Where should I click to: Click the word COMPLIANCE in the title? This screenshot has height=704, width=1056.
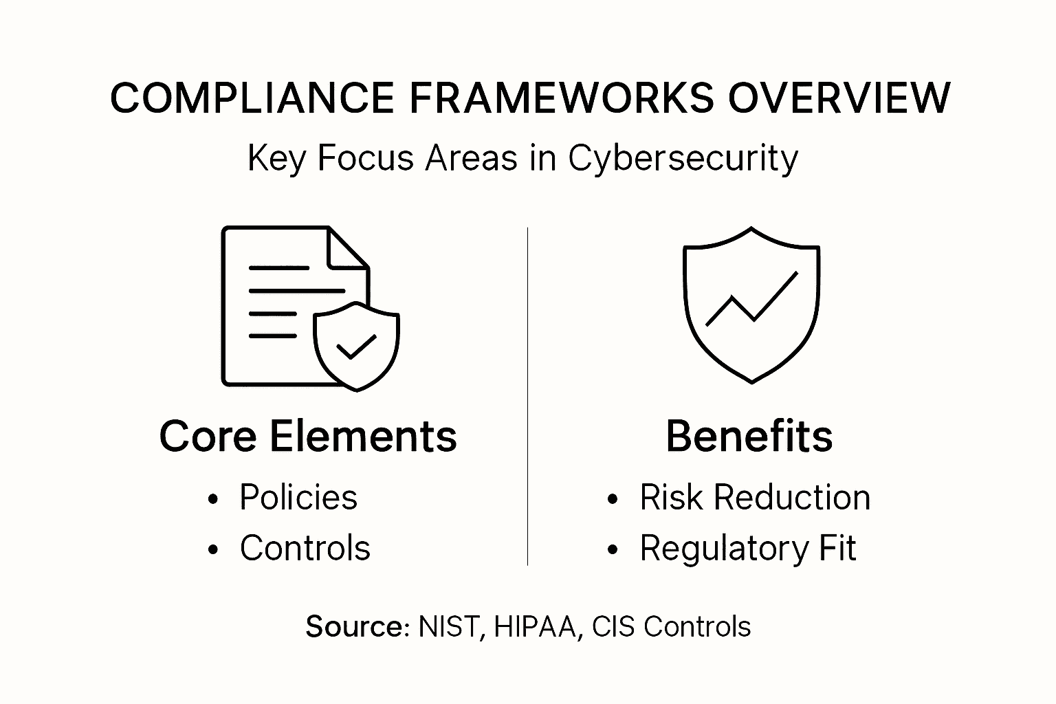[x=252, y=98]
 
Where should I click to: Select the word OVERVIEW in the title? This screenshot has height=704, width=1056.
[x=839, y=98]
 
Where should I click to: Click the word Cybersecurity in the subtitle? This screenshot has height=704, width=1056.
[x=683, y=158]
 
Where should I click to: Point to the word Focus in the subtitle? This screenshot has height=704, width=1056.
[x=365, y=157]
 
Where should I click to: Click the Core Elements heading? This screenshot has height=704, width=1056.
[x=308, y=436]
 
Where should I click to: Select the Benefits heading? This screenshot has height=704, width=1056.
[x=749, y=436]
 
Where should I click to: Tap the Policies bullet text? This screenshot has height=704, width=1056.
[x=298, y=497]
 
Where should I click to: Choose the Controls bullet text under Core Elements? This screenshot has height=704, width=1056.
[x=305, y=548]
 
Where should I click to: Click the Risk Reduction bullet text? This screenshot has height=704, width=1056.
[x=755, y=497]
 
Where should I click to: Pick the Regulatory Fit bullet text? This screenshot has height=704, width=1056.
[x=748, y=549]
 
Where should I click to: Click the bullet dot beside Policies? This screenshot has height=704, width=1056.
[x=213, y=499]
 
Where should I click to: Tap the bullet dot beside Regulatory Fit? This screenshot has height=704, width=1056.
[x=613, y=549]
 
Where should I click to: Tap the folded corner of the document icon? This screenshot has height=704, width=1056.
[x=349, y=248]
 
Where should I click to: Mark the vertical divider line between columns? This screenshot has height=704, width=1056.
[x=527, y=396]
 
